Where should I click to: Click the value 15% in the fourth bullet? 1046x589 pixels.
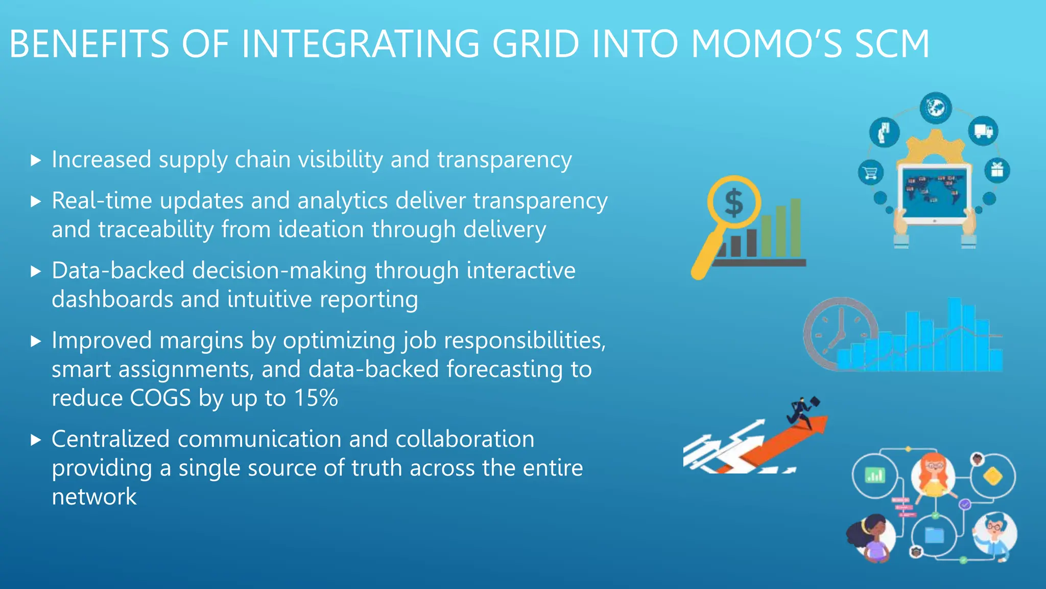pyautogui.click(x=316, y=398)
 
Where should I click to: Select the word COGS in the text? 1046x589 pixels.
pyautogui.click(x=160, y=398)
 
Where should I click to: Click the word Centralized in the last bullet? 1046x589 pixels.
pyautogui.click(x=110, y=439)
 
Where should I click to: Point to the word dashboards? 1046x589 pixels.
pyautogui.click(x=112, y=300)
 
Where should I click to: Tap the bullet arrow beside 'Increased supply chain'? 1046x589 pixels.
pyautogui.click(x=35, y=161)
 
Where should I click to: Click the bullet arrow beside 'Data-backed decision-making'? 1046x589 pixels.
pyautogui.click(x=35, y=271)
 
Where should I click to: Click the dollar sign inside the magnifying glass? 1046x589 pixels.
pyautogui.click(x=734, y=203)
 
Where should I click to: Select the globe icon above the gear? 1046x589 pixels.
pyautogui.click(x=936, y=108)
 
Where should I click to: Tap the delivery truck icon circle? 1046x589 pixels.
pyautogui.click(x=983, y=131)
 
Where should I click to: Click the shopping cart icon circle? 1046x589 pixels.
pyautogui.click(x=871, y=173)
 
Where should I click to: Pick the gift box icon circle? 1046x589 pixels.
pyautogui.click(x=997, y=170)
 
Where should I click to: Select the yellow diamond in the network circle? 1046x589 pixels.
pyautogui.click(x=993, y=477)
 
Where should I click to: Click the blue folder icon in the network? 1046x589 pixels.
pyautogui.click(x=934, y=535)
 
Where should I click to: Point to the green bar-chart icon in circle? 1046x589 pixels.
pyautogui.click(x=874, y=476)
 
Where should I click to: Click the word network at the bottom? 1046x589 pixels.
pyautogui.click(x=94, y=497)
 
